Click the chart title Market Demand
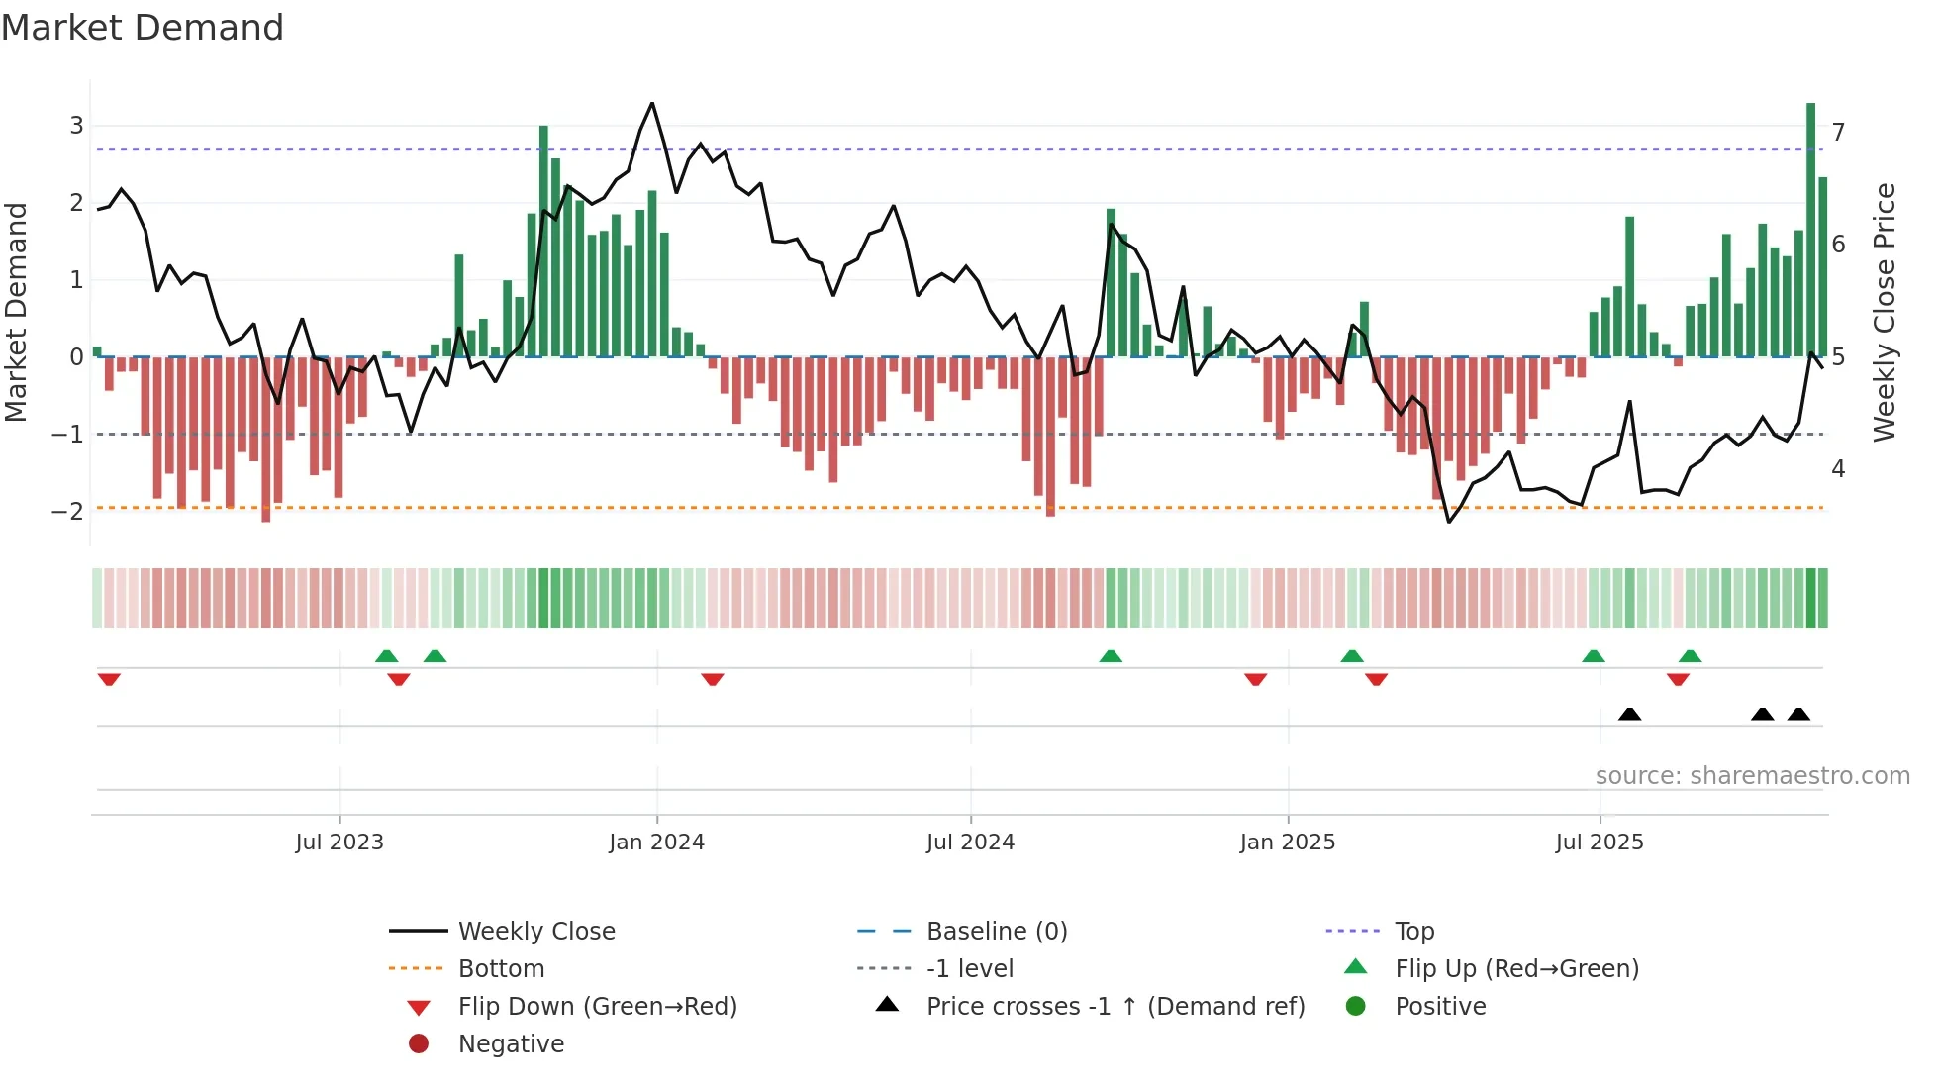(x=143, y=28)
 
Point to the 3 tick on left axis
(x=76, y=126)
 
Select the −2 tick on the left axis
(x=68, y=512)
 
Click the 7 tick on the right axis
(x=1838, y=132)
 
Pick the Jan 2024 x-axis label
(x=656, y=843)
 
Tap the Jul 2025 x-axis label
(x=1599, y=843)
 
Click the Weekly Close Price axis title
(x=1885, y=312)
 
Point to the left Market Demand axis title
(x=17, y=312)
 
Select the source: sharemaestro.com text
(x=1752, y=776)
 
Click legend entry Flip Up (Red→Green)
(x=1516, y=968)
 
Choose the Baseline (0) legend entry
(x=996, y=932)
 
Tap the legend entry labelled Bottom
(x=501, y=969)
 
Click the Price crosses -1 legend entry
(x=1115, y=1007)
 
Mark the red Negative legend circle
(x=419, y=1044)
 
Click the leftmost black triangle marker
(x=1629, y=714)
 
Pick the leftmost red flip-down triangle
(x=109, y=679)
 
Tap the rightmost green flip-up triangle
(x=1690, y=656)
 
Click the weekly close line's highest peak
(x=651, y=103)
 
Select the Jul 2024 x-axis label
(x=970, y=843)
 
